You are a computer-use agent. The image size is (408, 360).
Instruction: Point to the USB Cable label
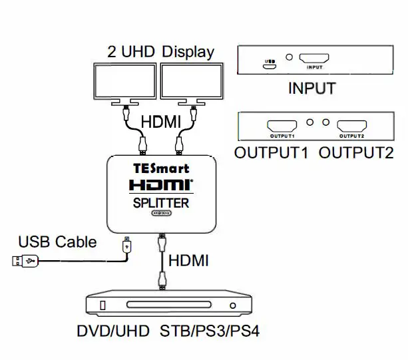pyautogui.click(x=57, y=242)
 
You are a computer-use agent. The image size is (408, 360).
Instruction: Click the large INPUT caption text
pyautogui.click(x=311, y=88)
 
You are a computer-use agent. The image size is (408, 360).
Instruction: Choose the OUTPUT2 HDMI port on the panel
pyautogui.click(x=351, y=124)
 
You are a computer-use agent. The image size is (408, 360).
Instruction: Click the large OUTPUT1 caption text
pyautogui.click(x=272, y=152)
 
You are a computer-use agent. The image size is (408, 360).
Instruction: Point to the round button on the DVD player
pyautogui.click(x=232, y=307)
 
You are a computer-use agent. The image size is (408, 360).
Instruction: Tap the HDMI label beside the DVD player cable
pyautogui.click(x=188, y=261)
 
